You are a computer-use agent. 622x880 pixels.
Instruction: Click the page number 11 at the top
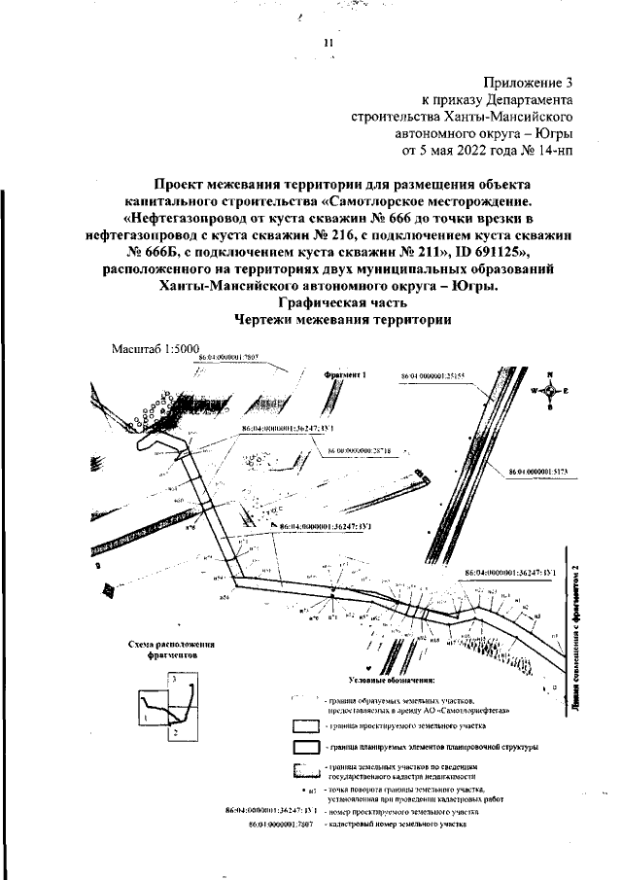point(328,44)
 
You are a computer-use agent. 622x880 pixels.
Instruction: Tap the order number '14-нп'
point(553,152)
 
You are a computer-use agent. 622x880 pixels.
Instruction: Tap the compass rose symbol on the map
point(550,390)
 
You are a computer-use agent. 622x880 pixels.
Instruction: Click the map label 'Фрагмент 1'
point(343,374)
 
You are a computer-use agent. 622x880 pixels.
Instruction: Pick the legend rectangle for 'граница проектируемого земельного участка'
point(306,724)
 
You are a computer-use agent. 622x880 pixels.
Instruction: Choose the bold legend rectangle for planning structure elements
point(306,747)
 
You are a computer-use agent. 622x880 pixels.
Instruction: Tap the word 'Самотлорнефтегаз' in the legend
point(441,710)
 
